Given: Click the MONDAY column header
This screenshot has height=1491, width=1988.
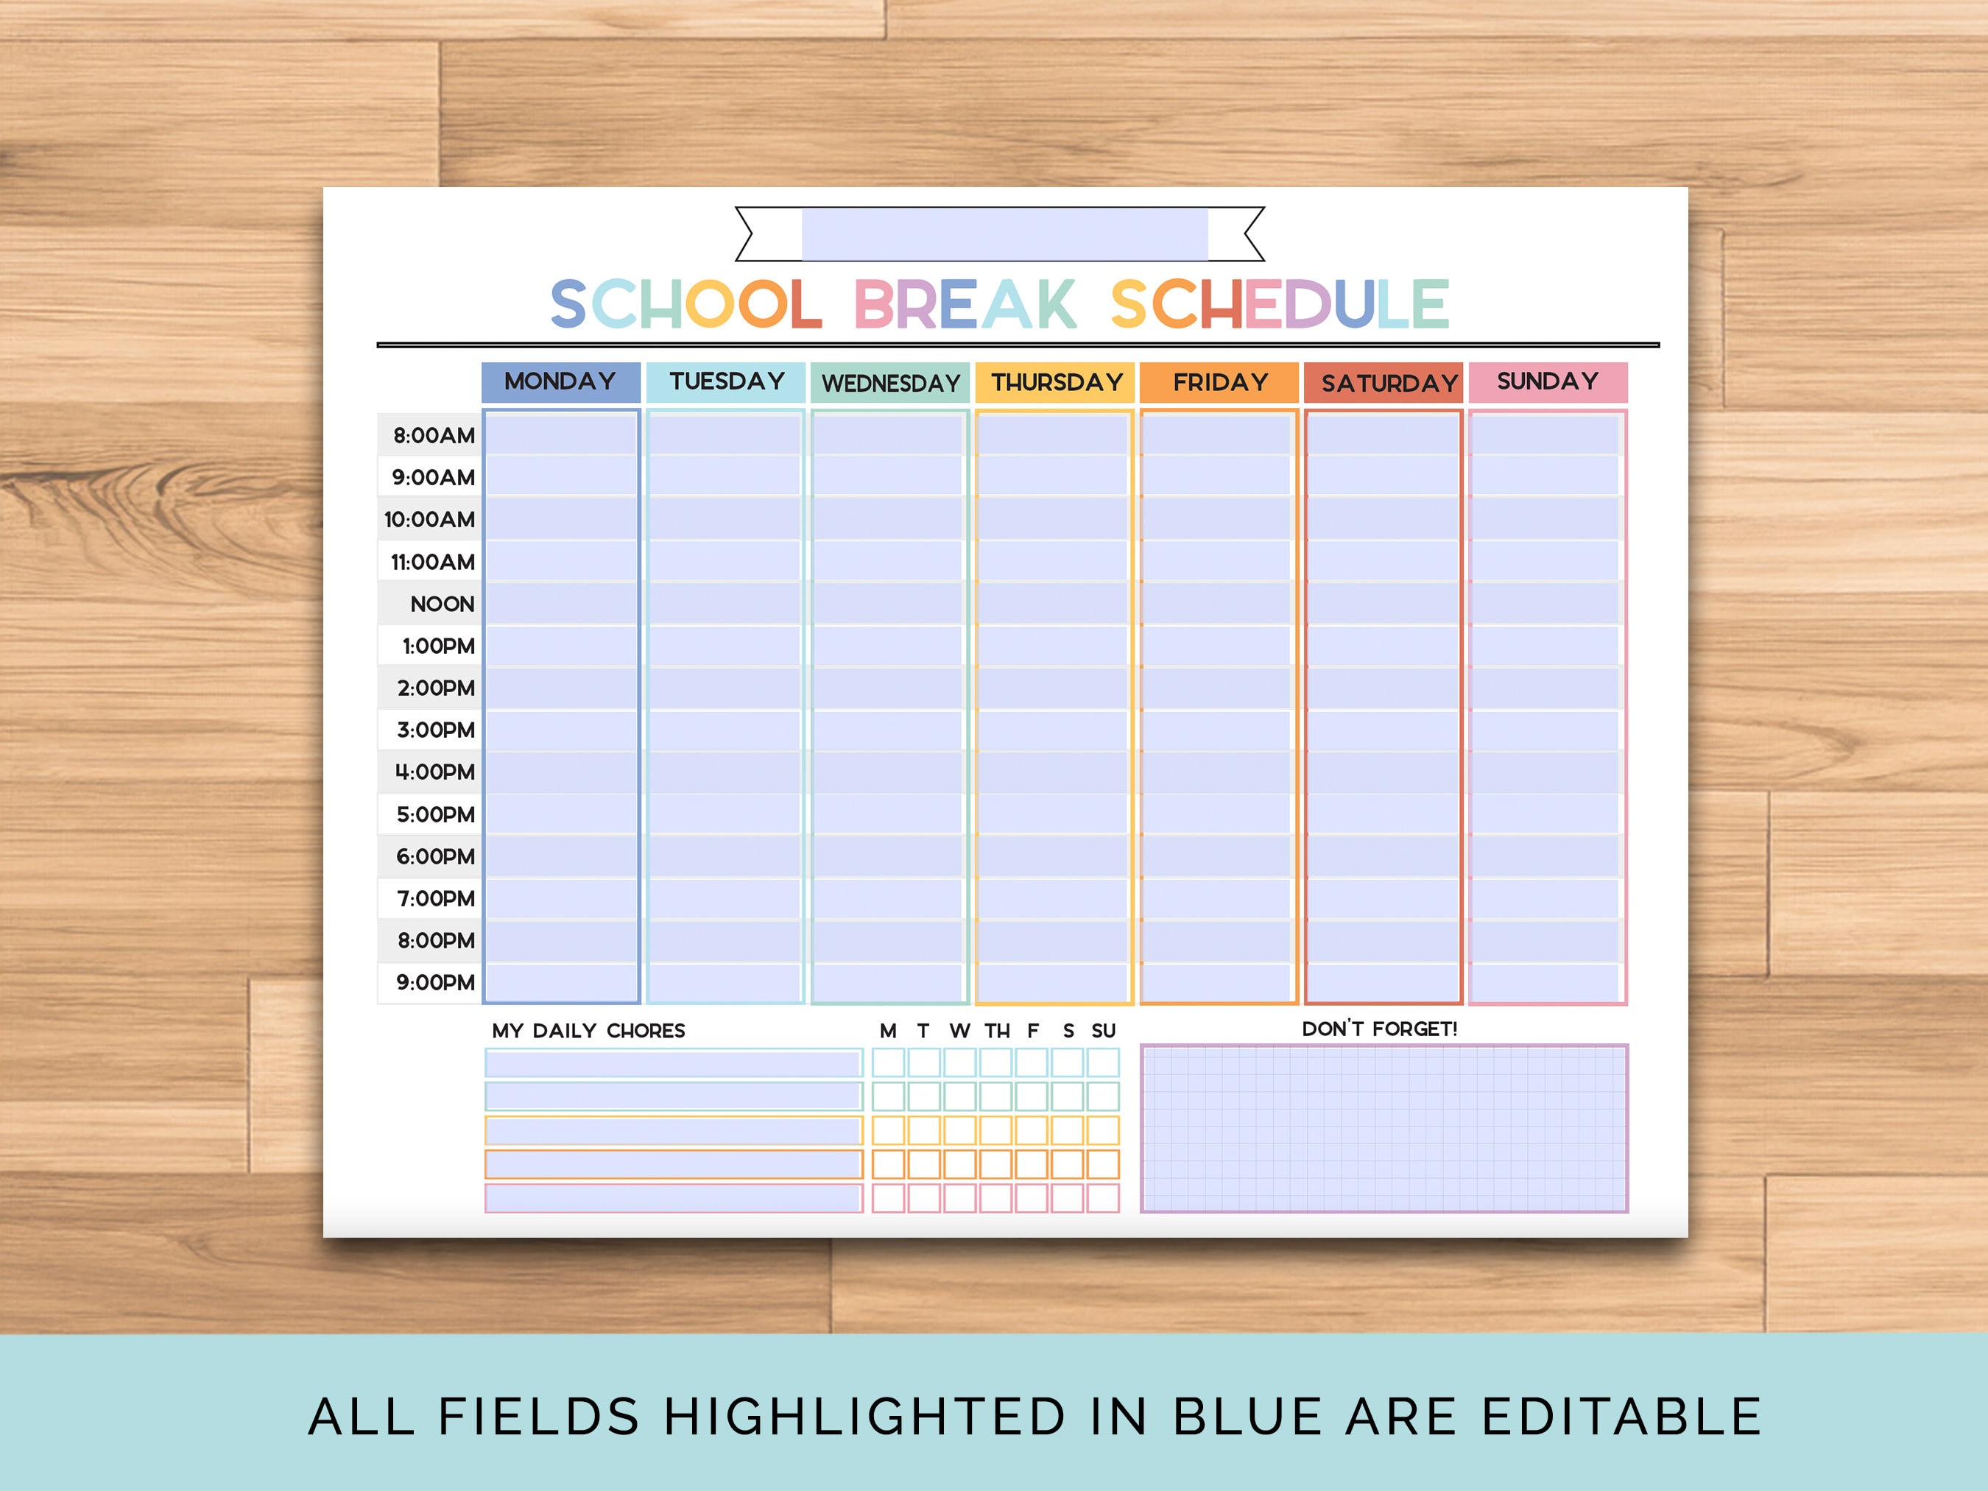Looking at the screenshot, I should coord(561,382).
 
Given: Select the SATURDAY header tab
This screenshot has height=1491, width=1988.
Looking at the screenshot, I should coord(1384,383).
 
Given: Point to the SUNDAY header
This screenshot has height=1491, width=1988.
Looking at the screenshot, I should coord(1548,382).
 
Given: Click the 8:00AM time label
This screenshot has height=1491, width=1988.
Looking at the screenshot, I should coord(432,436).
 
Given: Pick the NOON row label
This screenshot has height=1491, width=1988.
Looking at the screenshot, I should coord(440,604).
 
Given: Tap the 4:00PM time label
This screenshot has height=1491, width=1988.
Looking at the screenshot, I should coord(434,772).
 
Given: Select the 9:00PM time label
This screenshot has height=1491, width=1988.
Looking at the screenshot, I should coord(434,982).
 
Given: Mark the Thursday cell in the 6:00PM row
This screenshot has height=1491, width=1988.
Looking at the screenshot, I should coord(1052,856).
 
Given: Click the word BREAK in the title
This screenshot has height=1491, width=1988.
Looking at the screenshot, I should coord(965,304).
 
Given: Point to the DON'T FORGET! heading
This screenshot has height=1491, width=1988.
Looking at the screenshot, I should coord(1380,1029).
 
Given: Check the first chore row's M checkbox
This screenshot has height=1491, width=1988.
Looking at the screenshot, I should coord(888,1063).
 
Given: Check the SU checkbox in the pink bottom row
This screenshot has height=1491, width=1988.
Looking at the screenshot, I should coord(1103,1198).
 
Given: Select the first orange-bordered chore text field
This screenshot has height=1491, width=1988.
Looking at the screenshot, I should coord(673,1131).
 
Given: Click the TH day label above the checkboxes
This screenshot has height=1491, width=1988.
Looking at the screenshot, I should coord(997,1031).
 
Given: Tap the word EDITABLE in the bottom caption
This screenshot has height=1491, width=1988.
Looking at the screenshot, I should coord(1621,1417).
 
